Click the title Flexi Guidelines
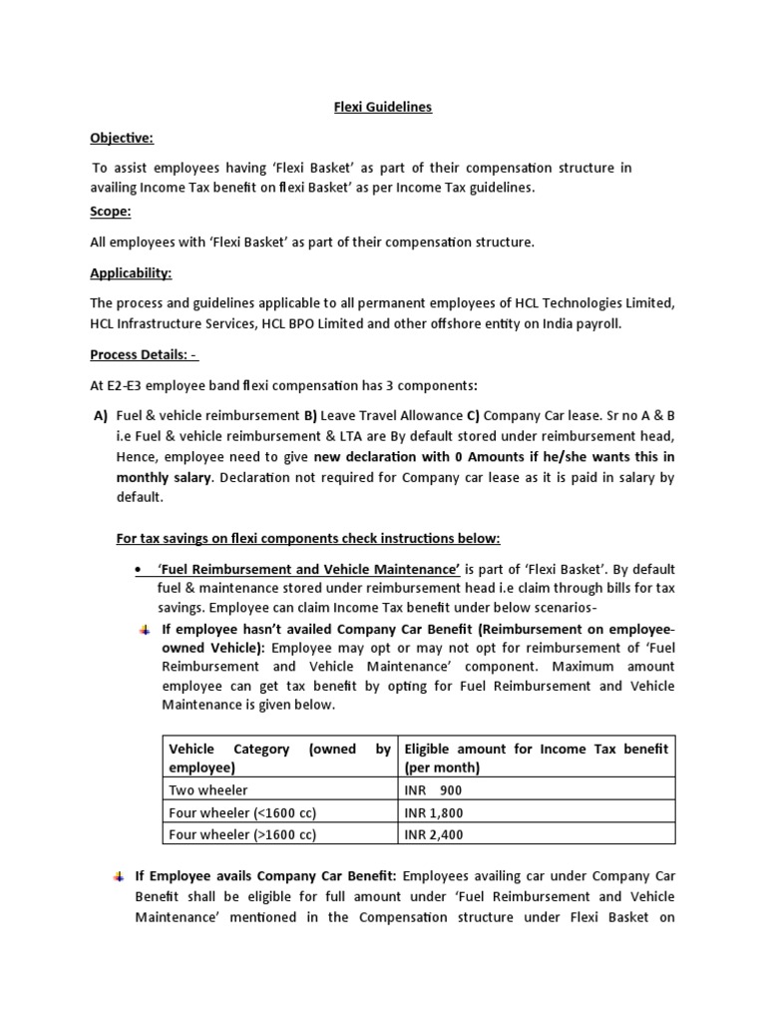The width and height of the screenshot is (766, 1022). [382, 107]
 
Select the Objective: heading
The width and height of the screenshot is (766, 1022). [122, 138]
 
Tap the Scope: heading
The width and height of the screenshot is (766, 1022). [110, 212]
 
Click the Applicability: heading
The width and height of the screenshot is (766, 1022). [131, 272]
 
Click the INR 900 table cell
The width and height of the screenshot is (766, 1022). [434, 789]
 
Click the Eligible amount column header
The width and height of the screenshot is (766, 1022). [536, 758]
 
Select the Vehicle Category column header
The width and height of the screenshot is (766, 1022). [279, 758]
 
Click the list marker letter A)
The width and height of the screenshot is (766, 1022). [100, 416]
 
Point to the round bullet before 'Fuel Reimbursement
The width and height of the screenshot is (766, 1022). [138, 569]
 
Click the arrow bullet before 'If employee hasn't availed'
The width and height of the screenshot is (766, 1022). [144, 630]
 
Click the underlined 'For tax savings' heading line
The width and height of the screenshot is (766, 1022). [308, 538]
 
